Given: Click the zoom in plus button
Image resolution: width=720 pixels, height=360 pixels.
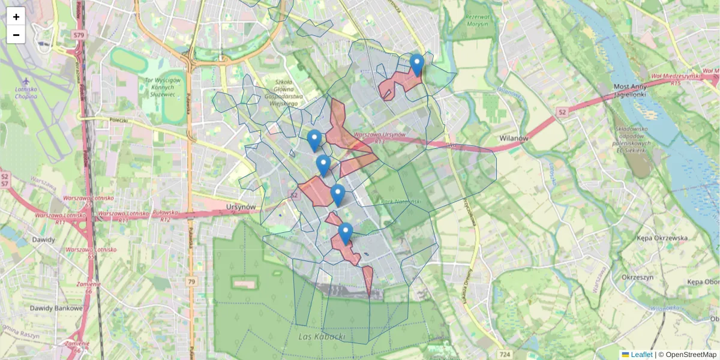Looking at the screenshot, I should point(16,16).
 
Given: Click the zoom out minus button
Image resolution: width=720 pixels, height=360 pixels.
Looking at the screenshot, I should point(16,34).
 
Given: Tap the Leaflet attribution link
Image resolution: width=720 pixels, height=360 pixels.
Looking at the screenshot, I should point(641,355).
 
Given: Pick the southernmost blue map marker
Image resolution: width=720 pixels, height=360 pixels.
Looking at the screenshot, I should point(345,233).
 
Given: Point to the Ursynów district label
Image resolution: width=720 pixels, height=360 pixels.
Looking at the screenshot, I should point(242,207).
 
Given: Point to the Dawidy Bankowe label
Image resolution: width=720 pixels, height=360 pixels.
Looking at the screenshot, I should point(56,308).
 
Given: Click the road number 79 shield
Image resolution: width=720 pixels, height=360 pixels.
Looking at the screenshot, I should point(191,281).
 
